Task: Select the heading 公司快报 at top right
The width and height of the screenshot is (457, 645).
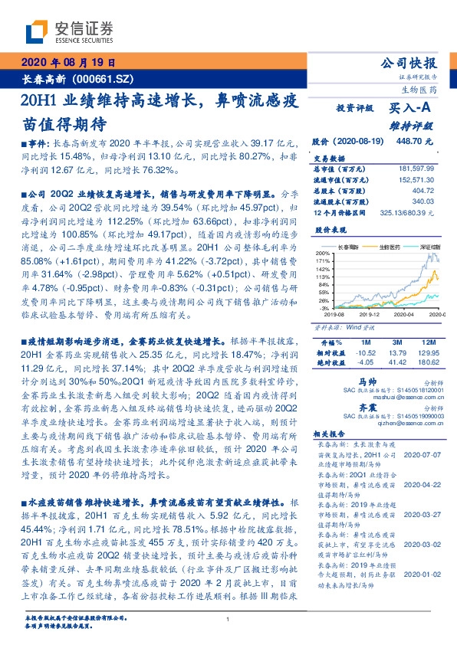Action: coord(413,64)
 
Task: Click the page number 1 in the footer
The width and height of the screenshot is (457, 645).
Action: coord(228,619)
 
